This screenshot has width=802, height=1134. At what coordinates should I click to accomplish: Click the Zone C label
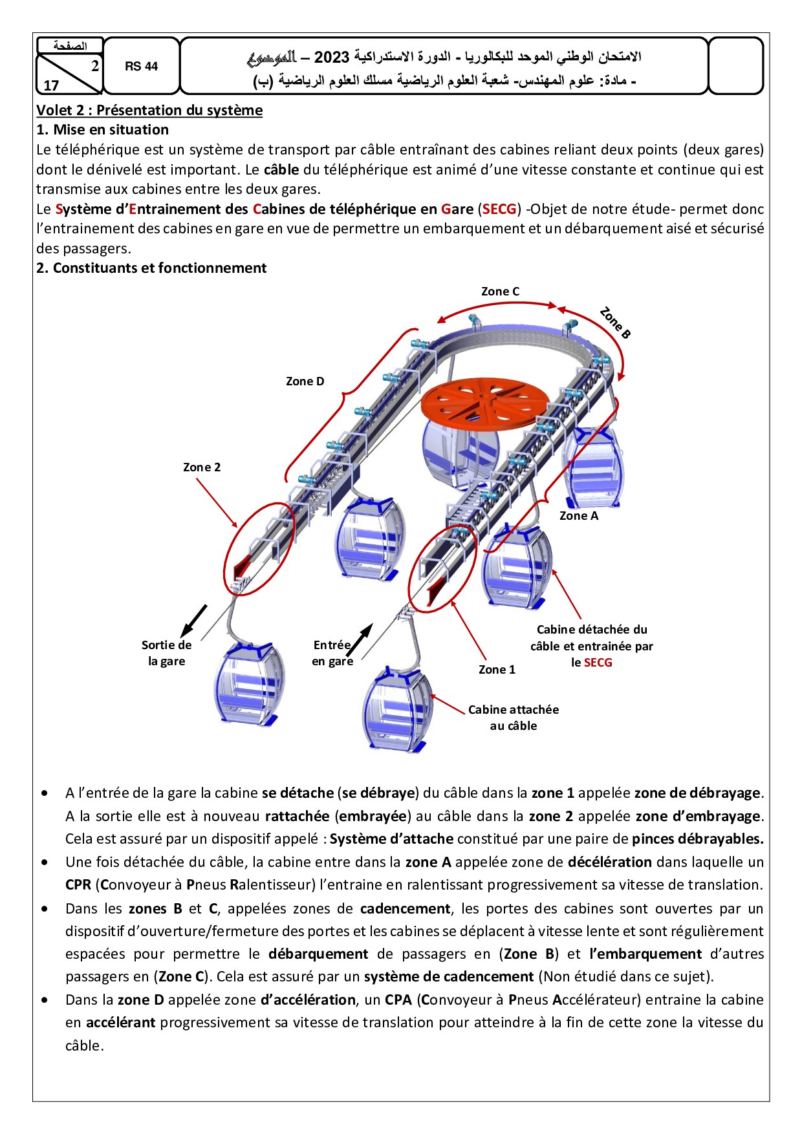click(500, 292)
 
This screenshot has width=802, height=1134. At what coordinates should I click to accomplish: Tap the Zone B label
click(614, 323)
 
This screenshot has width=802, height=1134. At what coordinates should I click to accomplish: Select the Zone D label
click(305, 381)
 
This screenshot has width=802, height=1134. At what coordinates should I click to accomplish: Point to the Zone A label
click(578, 516)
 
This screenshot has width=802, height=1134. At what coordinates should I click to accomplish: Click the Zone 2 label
click(202, 467)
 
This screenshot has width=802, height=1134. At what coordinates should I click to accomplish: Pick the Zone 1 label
click(497, 670)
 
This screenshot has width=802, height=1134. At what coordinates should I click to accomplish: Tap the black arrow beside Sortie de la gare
click(194, 620)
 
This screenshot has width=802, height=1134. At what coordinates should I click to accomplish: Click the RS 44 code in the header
click(141, 67)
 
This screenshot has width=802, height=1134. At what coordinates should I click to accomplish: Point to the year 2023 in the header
click(331, 58)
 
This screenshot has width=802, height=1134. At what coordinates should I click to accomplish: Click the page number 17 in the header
click(51, 86)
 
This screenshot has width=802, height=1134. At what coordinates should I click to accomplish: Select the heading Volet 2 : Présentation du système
click(149, 111)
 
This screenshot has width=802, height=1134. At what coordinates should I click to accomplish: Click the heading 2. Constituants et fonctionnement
click(151, 268)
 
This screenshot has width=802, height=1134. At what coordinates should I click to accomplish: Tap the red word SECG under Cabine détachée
click(598, 663)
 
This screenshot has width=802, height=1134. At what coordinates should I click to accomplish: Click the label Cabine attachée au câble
click(514, 718)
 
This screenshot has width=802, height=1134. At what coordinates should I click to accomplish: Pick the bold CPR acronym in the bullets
click(78, 885)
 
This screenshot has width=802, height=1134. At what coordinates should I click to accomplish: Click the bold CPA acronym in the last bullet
click(398, 1000)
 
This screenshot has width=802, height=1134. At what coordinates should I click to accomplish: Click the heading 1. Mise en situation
click(102, 130)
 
